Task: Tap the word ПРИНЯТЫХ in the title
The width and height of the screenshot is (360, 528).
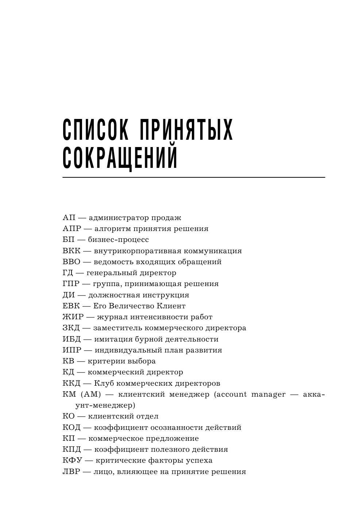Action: coord(187,130)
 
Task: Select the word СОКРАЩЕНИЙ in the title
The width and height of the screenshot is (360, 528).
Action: coord(120,158)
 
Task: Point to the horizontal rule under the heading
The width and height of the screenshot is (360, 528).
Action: coord(193,177)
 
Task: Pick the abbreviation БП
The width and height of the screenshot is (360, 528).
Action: coord(69,240)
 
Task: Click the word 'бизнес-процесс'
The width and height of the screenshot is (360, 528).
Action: coord(118,240)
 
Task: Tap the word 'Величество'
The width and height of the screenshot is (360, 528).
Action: coord(131,306)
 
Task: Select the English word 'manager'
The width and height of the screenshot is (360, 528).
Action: coord(268,394)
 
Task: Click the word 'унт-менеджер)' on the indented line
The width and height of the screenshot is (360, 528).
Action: coord(100,405)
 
